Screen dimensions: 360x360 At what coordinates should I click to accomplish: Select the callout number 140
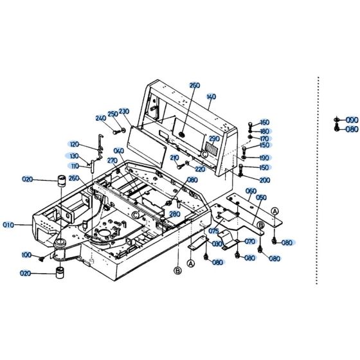coord(212,96)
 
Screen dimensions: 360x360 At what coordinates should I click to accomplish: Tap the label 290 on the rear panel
coord(214,138)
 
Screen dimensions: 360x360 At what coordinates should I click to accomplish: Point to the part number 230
coord(124,111)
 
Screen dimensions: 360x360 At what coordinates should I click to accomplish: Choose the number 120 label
coord(74,145)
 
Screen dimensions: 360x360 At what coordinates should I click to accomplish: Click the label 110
coord(75,166)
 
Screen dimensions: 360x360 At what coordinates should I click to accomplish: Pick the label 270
coord(112,160)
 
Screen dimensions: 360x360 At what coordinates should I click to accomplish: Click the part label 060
coord(251,191)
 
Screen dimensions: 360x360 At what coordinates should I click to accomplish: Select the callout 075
coord(214,232)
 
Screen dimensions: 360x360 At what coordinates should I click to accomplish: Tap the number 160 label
coord(265,122)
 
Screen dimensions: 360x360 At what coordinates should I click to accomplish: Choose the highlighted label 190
coord(265,157)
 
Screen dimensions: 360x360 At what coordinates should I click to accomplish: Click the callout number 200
coord(265,180)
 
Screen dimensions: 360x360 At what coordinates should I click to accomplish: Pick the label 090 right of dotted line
coord(352,120)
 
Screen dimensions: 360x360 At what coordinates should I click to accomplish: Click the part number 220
coord(200,169)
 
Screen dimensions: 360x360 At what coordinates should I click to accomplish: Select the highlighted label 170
coord(265,138)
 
